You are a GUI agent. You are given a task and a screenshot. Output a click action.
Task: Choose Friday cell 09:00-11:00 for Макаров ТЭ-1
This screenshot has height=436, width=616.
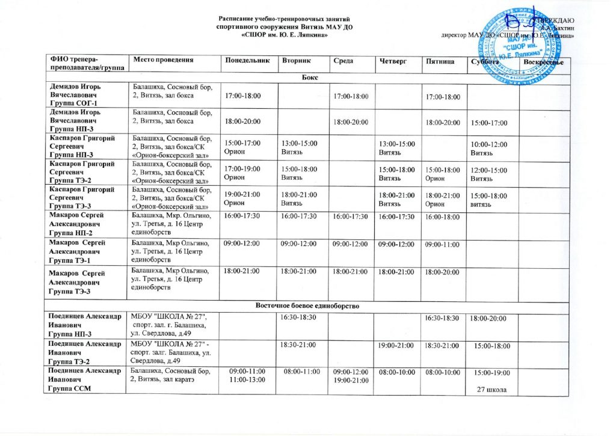[x=442, y=245]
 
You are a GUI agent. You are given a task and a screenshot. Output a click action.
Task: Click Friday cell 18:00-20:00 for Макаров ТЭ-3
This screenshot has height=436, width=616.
[x=442, y=272]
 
